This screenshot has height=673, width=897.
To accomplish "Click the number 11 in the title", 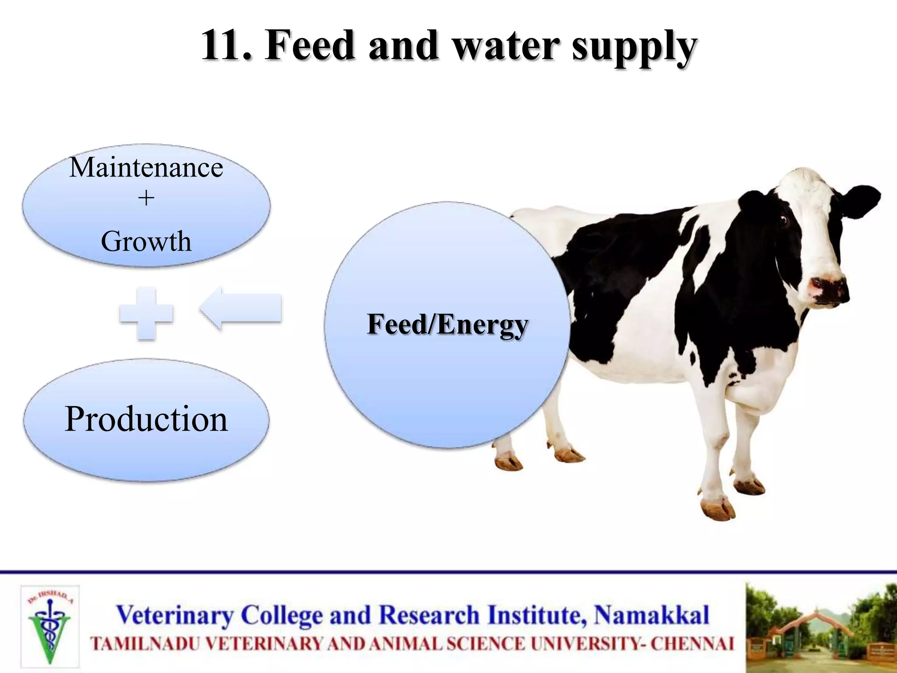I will [226, 46].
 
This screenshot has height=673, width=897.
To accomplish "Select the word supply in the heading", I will [634, 48].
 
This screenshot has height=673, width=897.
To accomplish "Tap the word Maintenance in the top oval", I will [146, 168].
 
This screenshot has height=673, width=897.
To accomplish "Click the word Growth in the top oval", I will [146, 241].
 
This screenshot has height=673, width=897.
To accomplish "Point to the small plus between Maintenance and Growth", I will [146, 199].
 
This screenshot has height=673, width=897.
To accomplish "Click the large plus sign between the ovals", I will [146, 314].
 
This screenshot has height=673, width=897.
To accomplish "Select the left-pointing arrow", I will [241, 308].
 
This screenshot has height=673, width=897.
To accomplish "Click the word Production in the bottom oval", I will [146, 419].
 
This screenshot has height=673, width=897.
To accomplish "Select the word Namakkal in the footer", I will [651, 615].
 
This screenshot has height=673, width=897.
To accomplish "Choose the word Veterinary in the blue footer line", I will [175, 615].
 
